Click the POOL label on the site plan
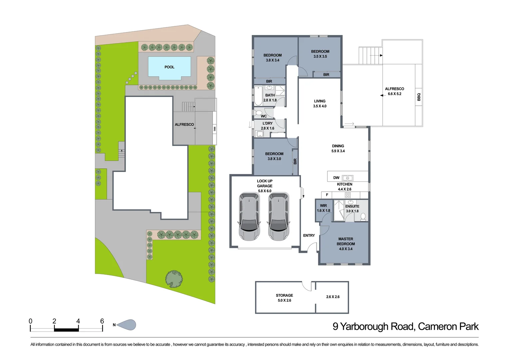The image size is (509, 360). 169,67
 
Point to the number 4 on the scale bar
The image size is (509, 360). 78,321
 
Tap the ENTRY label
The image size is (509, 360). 309,235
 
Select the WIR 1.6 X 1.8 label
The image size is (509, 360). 323,208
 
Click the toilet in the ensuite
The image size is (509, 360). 363,217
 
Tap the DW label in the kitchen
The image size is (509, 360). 336,178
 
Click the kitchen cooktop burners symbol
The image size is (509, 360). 348,195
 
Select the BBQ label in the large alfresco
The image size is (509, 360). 419,97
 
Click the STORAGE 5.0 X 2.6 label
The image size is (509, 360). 284,298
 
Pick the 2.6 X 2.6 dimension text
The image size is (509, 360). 332,297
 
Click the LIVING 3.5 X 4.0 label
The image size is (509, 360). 319,103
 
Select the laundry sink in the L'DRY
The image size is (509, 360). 259,134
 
